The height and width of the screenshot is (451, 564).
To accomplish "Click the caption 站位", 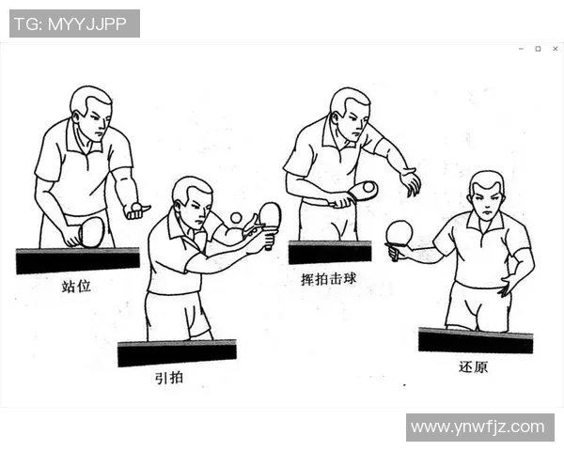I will click(x=76, y=285).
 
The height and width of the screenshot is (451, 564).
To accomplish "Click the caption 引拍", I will click(x=170, y=379).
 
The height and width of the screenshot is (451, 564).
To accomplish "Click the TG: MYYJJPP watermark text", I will click(x=74, y=23).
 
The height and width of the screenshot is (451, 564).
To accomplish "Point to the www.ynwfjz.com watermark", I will click(x=478, y=428).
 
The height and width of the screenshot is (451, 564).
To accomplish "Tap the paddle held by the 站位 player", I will click(x=90, y=231).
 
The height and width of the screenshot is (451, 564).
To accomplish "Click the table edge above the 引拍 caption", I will click(x=177, y=353).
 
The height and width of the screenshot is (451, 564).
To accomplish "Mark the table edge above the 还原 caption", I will click(x=475, y=340).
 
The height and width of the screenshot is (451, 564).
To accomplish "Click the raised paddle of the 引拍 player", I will click(x=270, y=215).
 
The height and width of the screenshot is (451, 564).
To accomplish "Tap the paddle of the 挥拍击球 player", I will click(x=363, y=191).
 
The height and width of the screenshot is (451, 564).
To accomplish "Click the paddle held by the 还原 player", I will click(x=399, y=232).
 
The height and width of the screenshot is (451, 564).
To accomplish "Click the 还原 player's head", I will click(x=486, y=195).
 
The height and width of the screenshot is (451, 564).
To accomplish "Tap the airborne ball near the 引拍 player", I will click(x=235, y=218).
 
